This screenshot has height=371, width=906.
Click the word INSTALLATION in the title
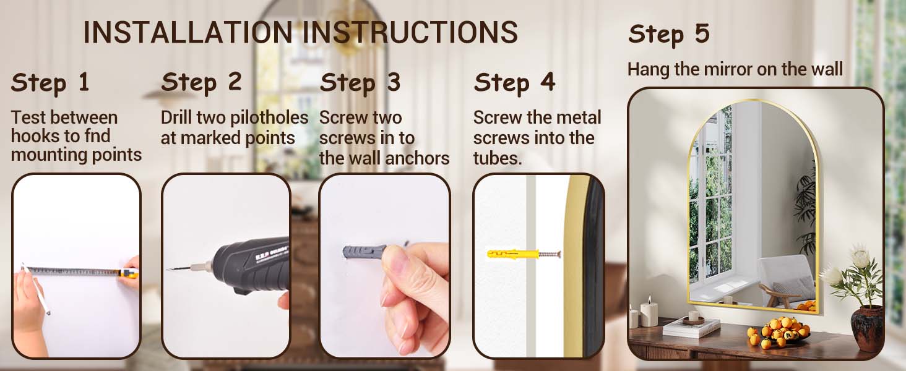click(x=188, y=32)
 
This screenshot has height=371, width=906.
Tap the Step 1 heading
click(x=50, y=83)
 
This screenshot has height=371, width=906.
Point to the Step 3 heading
click(x=360, y=83)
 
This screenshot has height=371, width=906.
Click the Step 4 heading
click(x=514, y=83)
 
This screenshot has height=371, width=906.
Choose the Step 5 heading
click(x=669, y=34)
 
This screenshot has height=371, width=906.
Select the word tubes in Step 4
click(x=498, y=158)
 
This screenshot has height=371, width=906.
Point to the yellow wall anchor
click(x=513, y=254)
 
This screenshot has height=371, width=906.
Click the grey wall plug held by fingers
click(x=364, y=252)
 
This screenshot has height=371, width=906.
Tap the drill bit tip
click(x=168, y=270)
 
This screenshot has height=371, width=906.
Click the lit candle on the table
click(x=649, y=313)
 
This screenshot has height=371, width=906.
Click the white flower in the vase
click(x=859, y=255)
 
